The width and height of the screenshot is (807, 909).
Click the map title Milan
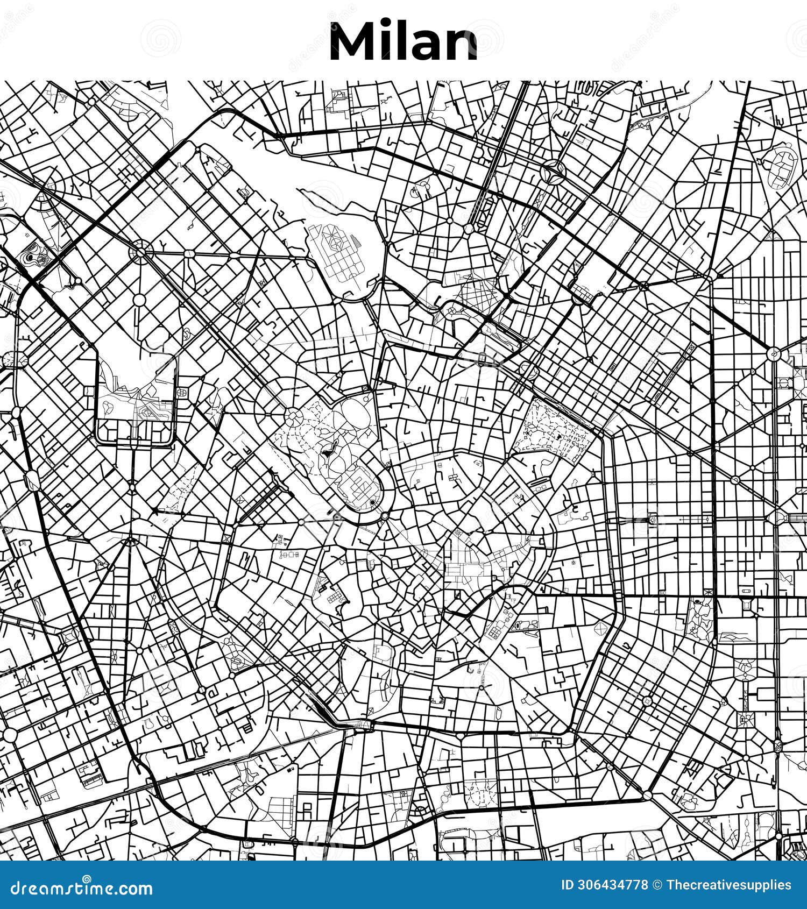click(x=403, y=42)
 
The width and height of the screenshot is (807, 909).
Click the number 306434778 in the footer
click(x=612, y=885)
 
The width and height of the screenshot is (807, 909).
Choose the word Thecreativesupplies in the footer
click(x=729, y=885)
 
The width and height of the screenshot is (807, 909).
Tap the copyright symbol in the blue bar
click(x=657, y=885)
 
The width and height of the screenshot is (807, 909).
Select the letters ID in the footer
click(x=567, y=885)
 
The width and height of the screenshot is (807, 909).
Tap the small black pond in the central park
click(x=328, y=452)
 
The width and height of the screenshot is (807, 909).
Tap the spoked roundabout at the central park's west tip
click(x=293, y=415)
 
